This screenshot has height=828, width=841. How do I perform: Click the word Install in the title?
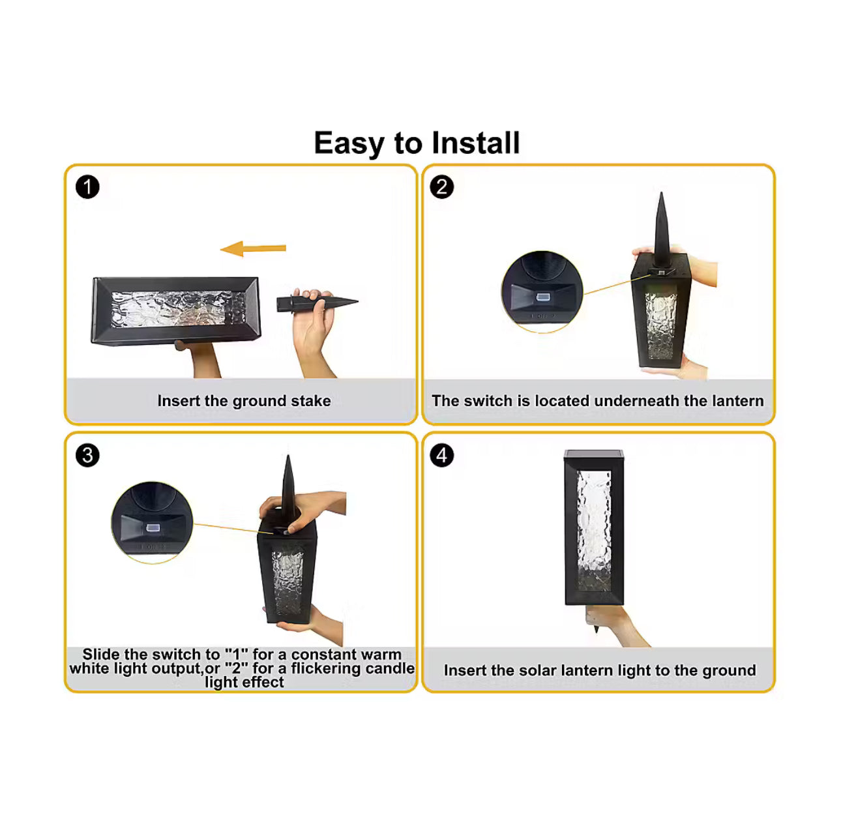pyautogui.click(x=475, y=143)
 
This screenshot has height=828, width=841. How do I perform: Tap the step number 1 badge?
pyautogui.click(x=87, y=187)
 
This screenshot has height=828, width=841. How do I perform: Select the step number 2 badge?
pyautogui.click(x=441, y=187)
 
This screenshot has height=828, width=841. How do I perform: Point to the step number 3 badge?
pyautogui.click(x=87, y=456)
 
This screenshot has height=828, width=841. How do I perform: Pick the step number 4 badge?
pyautogui.click(x=441, y=456)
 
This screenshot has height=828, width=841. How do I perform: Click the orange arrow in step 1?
pyautogui.click(x=253, y=249)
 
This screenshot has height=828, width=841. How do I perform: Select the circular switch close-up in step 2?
pyautogui.click(x=542, y=291)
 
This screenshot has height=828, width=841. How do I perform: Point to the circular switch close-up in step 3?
pyautogui.click(x=152, y=523)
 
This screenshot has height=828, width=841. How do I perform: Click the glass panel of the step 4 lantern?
pyautogui.click(x=594, y=531)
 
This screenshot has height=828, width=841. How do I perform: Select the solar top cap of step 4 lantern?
pyautogui.click(x=594, y=455)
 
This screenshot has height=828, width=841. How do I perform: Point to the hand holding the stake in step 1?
pyautogui.click(x=315, y=333)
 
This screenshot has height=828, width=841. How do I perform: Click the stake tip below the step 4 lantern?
pyautogui.click(x=596, y=630)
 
